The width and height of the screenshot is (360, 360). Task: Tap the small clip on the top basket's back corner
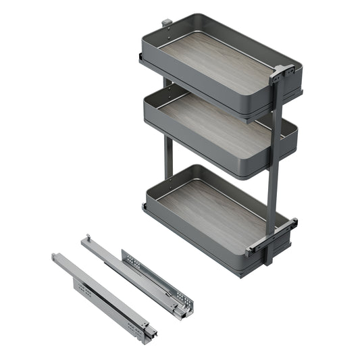166,24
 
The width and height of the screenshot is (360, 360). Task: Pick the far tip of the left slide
55,257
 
